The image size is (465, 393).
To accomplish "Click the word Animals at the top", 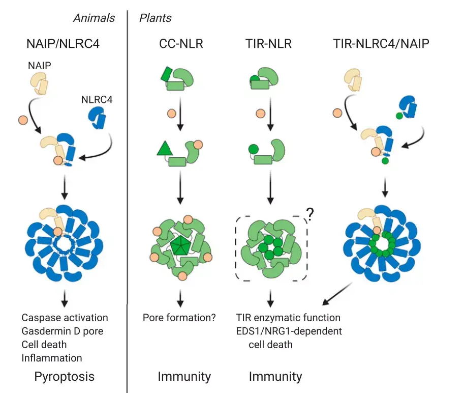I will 94,18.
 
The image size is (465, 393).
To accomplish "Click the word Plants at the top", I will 155,18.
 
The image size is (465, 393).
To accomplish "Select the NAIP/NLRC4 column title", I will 63,44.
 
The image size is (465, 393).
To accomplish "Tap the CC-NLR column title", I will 181,44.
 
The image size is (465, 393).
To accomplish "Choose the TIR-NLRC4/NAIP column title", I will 381,44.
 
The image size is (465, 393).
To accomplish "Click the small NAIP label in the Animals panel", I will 39,66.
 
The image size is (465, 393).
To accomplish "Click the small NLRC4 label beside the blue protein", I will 97,100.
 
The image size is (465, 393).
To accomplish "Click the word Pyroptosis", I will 64,377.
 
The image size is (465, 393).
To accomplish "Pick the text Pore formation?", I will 179,318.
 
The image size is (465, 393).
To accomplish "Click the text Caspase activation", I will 65,318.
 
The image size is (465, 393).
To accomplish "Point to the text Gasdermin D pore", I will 63,331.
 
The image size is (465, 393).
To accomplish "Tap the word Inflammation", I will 51,358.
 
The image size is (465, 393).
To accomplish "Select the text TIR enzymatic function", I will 288,318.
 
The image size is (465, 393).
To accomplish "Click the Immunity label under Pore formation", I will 184,377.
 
